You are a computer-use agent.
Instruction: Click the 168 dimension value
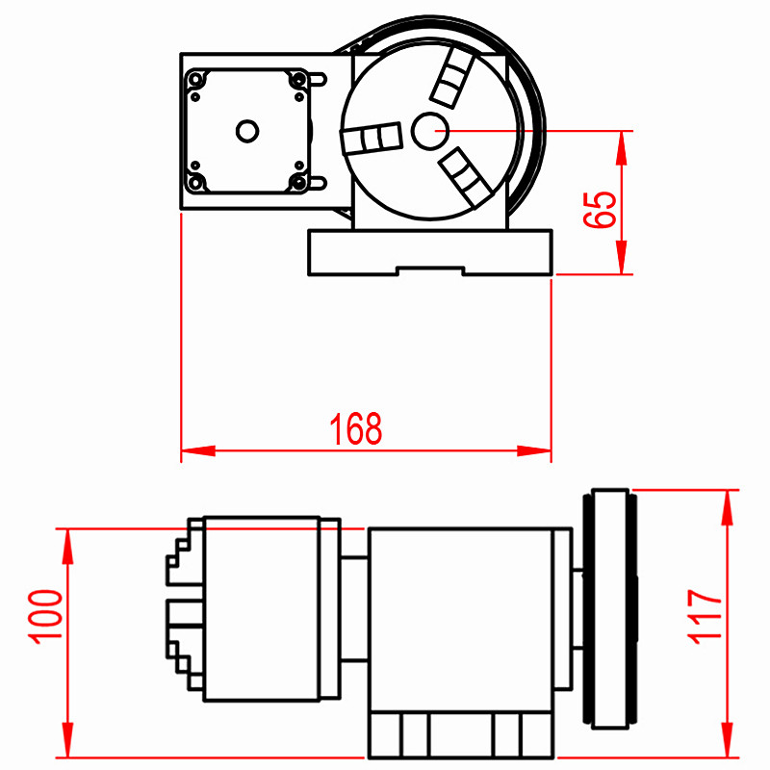click(x=355, y=428)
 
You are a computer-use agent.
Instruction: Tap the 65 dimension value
click(x=600, y=209)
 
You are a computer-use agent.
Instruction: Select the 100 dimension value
click(x=45, y=617)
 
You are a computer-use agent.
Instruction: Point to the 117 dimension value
click(x=705, y=617)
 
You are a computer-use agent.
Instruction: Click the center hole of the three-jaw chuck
click(x=429, y=131)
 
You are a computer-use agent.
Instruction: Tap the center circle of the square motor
click(x=247, y=131)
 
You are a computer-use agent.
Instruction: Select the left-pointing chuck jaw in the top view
click(x=372, y=138)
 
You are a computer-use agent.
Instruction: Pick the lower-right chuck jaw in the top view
click(x=465, y=177)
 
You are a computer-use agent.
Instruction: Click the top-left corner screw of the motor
click(x=196, y=79)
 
